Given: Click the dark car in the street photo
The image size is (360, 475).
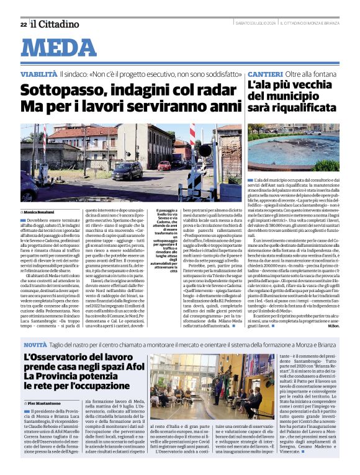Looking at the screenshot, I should click(127, 171).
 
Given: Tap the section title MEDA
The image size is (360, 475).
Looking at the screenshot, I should click(63, 47).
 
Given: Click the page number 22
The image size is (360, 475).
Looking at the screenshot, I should click(23, 24).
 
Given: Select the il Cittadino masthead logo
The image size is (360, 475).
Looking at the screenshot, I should click(55, 24).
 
